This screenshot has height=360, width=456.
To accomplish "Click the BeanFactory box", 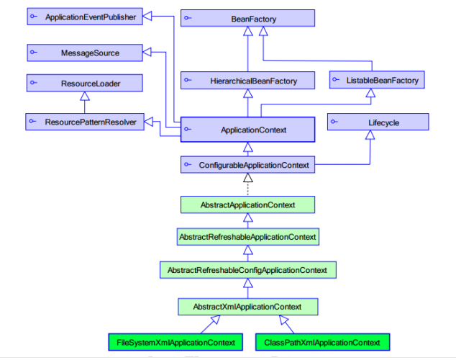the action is click(x=247, y=18).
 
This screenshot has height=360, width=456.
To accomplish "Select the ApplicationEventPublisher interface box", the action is click(x=85, y=17).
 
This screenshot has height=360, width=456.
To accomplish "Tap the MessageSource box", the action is click(x=85, y=53).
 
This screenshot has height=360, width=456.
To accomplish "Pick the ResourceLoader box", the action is click(x=85, y=83).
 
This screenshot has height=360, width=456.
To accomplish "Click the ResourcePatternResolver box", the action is click(x=85, y=122).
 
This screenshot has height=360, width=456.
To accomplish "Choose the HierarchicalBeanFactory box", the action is click(x=247, y=81).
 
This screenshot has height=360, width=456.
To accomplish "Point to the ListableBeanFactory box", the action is click(x=377, y=80).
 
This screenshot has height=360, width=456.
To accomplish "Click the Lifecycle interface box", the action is click(x=378, y=122).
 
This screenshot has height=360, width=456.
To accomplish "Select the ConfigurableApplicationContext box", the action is click(x=247, y=165).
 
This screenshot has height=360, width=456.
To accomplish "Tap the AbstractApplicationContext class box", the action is click(x=247, y=204).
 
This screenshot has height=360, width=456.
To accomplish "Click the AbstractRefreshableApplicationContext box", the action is click(x=247, y=237).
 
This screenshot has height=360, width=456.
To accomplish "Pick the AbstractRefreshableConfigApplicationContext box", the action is click(x=248, y=270).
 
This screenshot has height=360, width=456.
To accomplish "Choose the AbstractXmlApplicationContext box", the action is click(x=247, y=307).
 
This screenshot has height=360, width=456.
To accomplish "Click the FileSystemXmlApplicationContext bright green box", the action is click(x=175, y=342).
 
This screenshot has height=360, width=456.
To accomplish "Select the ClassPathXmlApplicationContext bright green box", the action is click(x=322, y=342).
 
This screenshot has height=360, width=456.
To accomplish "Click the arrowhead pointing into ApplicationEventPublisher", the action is click(x=147, y=16).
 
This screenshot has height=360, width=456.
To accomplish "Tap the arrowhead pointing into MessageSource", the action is click(x=147, y=52).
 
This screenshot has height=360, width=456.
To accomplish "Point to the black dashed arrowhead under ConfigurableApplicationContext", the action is click(x=247, y=178).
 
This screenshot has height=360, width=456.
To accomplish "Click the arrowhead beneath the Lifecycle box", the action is click(x=370, y=135).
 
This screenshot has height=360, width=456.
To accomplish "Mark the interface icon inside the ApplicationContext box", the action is click(x=188, y=129).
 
